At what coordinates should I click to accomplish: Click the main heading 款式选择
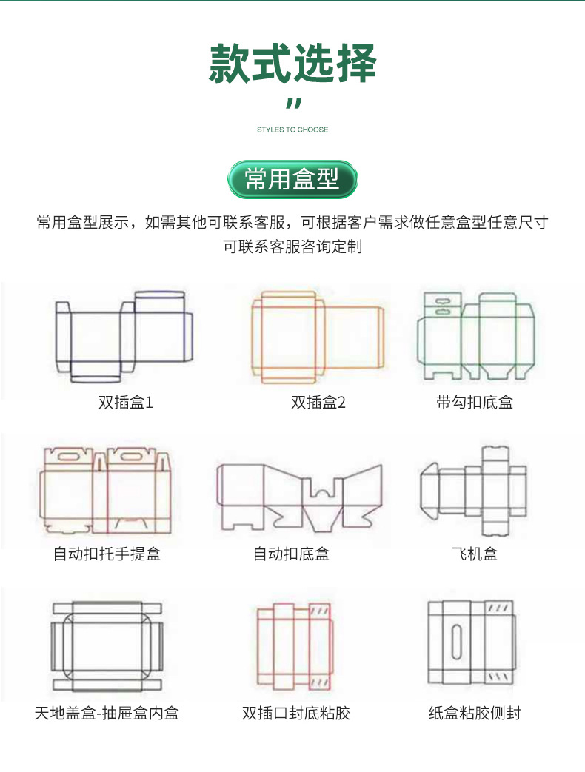click(x=292, y=64)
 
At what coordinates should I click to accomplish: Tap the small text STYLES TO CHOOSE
click(x=292, y=130)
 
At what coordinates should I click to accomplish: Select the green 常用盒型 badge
click(x=292, y=179)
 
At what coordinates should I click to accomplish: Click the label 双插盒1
click(x=126, y=403)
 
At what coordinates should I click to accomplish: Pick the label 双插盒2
click(x=318, y=403)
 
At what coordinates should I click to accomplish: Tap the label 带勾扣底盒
click(x=475, y=403)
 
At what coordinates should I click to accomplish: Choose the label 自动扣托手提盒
click(x=107, y=554)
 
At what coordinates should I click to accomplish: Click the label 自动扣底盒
click(x=291, y=554)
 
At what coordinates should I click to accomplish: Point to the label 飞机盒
click(x=475, y=554)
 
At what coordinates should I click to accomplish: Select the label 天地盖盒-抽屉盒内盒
click(x=107, y=714)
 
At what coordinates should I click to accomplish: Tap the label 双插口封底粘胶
click(x=296, y=714)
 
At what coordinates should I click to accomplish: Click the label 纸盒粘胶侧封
click(x=475, y=714)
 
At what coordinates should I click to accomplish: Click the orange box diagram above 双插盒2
click(x=318, y=337)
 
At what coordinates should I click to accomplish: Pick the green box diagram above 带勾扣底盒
click(x=475, y=337)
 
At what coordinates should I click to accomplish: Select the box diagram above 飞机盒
click(x=475, y=490)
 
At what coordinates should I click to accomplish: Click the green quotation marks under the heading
click(x=293, y=104)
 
